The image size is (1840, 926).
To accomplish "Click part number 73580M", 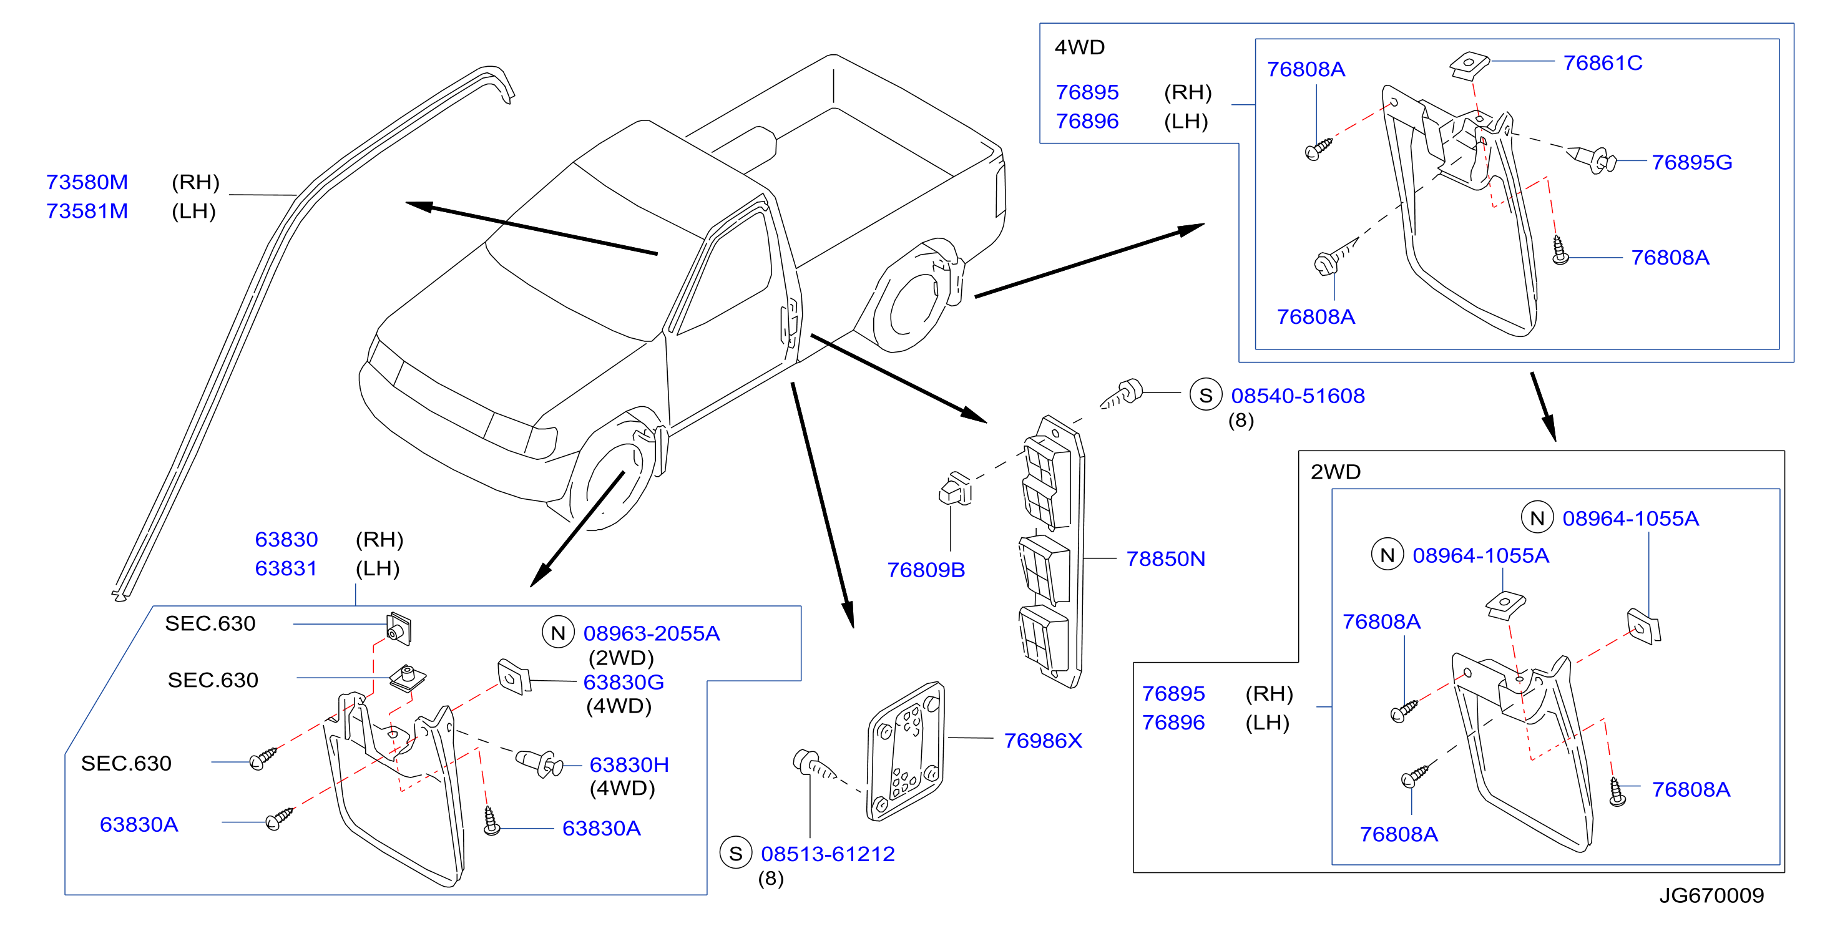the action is (x=87, y=182).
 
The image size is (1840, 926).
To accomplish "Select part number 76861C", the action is (x=1602, y=63).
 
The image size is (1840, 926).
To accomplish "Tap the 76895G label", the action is (x=1691, y=162).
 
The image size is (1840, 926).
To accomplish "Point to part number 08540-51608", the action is (x=1297, y=396).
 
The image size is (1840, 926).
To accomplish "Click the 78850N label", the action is (x=1165, y=558).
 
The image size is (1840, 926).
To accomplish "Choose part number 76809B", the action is (x=926, y=570).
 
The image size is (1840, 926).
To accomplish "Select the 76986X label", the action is (x=1043, y=741).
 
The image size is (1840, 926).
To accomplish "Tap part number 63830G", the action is (x=623, y=683).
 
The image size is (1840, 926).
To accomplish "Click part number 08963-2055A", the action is (x=651, y=633).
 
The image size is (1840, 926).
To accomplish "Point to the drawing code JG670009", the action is (x=1711, y=895).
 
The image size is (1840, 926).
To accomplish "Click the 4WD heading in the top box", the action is (x=1079, y=47).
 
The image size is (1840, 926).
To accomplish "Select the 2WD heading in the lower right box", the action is (x=1335, y=472).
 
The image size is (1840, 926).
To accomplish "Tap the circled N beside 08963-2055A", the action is (x=558, y=633).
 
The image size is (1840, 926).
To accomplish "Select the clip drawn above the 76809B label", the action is (x=956, y=489).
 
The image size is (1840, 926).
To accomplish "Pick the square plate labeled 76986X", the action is (x=906, y=751).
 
